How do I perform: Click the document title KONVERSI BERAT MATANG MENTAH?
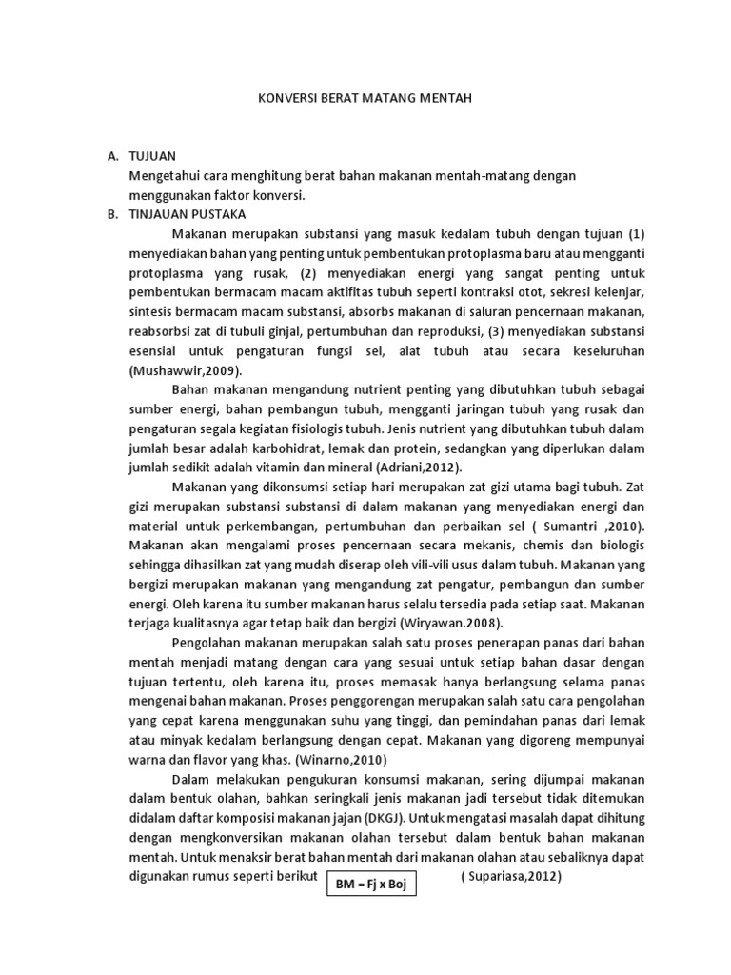365,98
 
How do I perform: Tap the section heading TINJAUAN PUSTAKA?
188,213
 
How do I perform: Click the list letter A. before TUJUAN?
113,154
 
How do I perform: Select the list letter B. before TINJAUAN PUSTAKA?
113,213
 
